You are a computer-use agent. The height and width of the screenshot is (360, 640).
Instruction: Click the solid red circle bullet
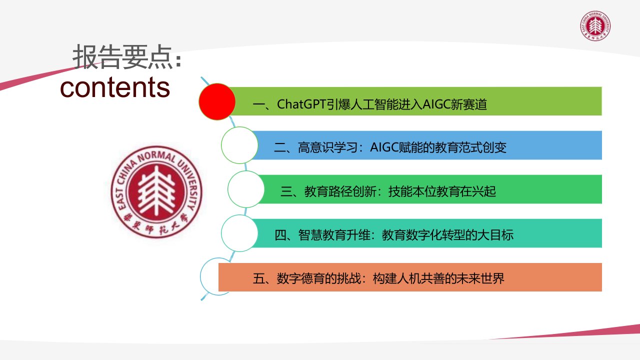click(217, 101)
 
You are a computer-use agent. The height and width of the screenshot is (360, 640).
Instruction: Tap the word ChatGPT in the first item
click(301, 104)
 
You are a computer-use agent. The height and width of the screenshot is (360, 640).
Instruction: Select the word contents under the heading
click(115, 87)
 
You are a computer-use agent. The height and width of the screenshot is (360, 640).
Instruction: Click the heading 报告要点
click(123, 57)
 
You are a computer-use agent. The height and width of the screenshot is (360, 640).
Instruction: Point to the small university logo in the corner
click(595, 26)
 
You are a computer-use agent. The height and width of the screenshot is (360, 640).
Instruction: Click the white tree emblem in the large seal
click(156, 191)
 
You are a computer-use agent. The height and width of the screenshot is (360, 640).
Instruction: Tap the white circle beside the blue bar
click(239, 145)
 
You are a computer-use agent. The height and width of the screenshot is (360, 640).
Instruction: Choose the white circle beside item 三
click(246, 189)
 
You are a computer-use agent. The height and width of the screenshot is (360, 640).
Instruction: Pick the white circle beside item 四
click(239, 233)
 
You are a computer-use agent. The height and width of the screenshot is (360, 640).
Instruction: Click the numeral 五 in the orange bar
click(258, 278)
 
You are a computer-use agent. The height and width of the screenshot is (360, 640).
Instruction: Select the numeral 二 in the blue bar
click(279, 148)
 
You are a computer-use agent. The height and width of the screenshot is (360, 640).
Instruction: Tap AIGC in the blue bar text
click(384, 147)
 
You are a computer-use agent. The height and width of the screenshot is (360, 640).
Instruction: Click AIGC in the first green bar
click(436, 104)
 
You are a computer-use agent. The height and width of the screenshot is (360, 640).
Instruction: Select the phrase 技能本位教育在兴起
click(442, 191)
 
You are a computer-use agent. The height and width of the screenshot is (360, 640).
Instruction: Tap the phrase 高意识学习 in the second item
click(328, 147)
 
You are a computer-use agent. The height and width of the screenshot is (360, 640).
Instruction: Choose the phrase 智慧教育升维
click(334, 235)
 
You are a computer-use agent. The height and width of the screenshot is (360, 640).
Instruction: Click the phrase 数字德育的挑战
click(319, 278)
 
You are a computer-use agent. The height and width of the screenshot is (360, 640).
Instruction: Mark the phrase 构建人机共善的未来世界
click(438, 278)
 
